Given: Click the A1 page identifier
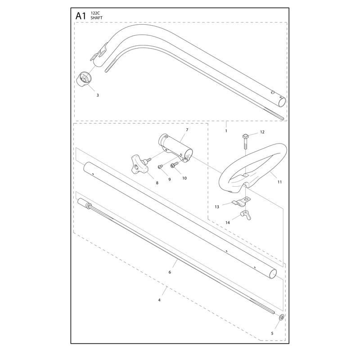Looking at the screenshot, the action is [x=81, y=16].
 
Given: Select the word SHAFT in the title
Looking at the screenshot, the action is [x=96, y=18].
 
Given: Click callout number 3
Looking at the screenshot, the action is [x=98, y=95].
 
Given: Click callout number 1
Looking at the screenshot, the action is [x=226, y=131].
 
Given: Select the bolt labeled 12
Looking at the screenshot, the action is [x=245, y=141].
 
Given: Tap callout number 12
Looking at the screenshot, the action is [x=262, y=132].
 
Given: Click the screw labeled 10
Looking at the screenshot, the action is [x=175, y=165].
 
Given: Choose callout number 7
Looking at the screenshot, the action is [x=187, y=130].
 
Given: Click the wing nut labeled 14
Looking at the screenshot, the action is [x=246, y=215].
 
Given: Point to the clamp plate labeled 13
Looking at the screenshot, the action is [x=241, y=201].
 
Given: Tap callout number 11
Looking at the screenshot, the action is [x=279, y=182].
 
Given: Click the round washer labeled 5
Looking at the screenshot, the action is [x=282, y=318].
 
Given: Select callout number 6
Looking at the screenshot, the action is [x=170, y=272].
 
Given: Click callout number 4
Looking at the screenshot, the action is [x=159, y=300].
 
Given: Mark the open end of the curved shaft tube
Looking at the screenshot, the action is [x=282, y=102].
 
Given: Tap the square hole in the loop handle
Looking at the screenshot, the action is [x=246, y=175].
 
